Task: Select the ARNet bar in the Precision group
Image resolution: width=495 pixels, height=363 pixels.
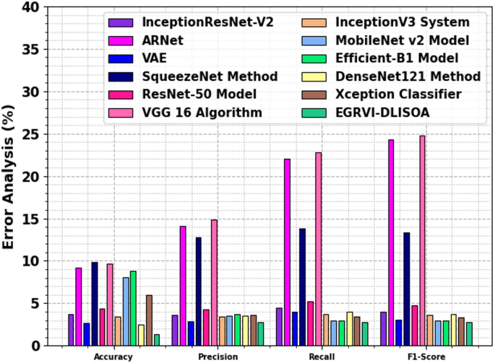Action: coord(183,286)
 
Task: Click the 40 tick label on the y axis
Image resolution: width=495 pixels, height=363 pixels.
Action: coord(30,8)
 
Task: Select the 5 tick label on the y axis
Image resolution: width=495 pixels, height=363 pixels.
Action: coord(34,304)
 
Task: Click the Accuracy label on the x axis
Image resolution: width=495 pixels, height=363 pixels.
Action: coord(113,357)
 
